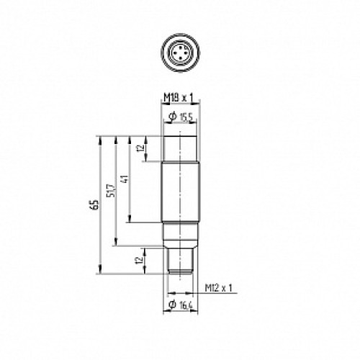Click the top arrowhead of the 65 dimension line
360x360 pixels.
(98, 138)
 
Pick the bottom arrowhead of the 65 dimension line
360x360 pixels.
(98, 272)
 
